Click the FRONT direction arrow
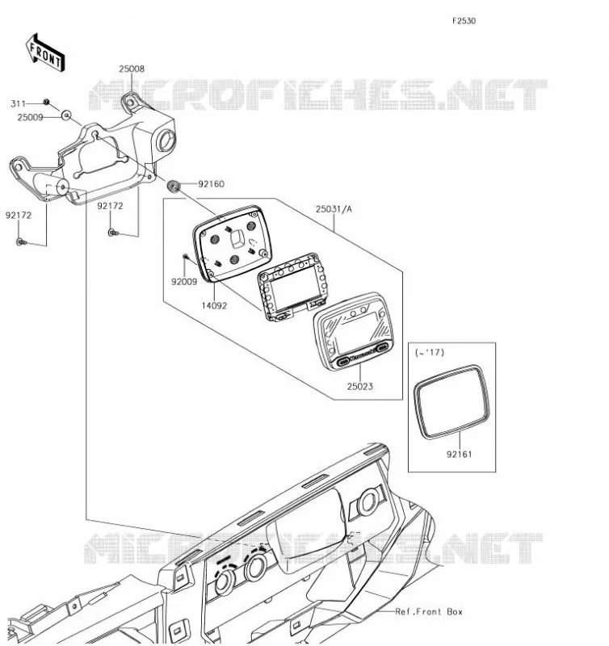coord(45,53)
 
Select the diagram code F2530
coord(464,21)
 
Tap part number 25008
coord(132,69)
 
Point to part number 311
coord(18,104)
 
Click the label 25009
coord(30,118)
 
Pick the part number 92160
coord(212,184)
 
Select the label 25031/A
coord(334,209)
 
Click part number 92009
coord(184,282)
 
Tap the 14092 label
coord(214,306)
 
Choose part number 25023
coord(359,387)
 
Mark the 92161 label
coord(459,455)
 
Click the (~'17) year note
coord(430,353)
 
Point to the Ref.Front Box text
coord(429,612)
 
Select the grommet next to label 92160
coord(174,187)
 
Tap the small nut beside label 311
coord(47,103)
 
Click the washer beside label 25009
coord(66,115)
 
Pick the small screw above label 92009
coord(186,257)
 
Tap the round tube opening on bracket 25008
coord(167,141)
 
